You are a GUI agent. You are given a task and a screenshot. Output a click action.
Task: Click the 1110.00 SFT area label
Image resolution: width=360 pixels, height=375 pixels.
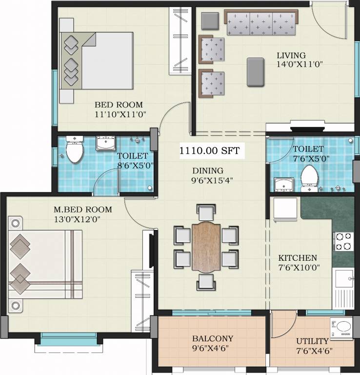pyautogui.click(x=210, y=151)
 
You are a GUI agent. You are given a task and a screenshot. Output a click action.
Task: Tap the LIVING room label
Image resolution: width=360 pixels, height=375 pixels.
pyautogui.click(x=291, y=55)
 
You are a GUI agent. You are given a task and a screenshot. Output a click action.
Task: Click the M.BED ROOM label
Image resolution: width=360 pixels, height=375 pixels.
pyautogui.click(x=82, y=209)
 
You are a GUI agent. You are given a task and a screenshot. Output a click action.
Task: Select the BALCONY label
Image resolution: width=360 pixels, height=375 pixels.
pyautogui.click(x=212, y=338)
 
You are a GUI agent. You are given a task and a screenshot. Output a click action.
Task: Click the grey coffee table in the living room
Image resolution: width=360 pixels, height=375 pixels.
pyautogui.click(x=257, y=72)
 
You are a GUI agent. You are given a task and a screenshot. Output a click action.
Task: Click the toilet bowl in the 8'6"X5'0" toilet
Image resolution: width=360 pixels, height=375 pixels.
pyautogui.click(x=74, y=151)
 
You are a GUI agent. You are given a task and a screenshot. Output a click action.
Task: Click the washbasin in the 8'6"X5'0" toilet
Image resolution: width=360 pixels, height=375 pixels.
pyautogui.click(x=105, y=143)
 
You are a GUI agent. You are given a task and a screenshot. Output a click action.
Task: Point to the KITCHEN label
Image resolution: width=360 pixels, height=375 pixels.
pyautogui.click(x=298, y=258)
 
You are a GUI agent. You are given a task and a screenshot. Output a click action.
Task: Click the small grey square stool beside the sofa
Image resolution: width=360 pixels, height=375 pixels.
pyautogui.click(x=210, y=20)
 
